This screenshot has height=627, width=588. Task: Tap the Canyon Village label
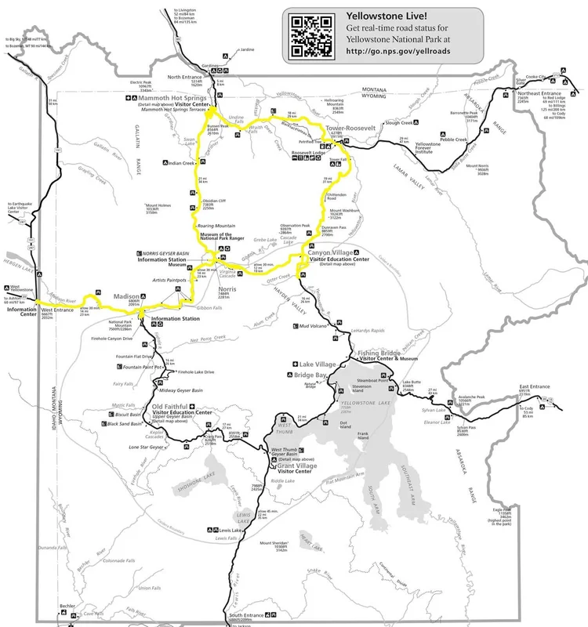(331, 252)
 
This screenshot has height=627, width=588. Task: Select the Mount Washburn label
(345, 210)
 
